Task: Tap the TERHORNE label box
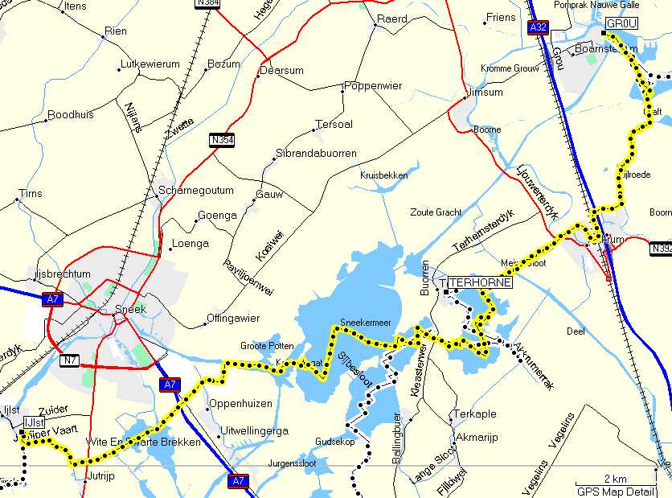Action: click(x=480, y=283)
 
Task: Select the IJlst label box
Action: click(x=35, y=423)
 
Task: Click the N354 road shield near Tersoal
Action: click(x=223, y=140)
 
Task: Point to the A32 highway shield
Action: click(x=538, y=28)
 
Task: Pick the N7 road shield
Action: click(x=69, y=360)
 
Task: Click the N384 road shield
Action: click(x=207, y=3)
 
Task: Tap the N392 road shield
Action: click(x=661, y=249)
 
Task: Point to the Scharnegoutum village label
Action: click(x=196, y=191)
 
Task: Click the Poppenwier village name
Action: click(x=372, y=85)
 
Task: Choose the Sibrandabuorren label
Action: click(x=316, y=152)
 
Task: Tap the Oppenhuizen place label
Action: click(x=240, y=403)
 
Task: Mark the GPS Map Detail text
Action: click(x=620, y=491)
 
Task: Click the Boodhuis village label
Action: click(x=71, y=115)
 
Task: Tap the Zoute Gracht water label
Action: click(x=436, y=212)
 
